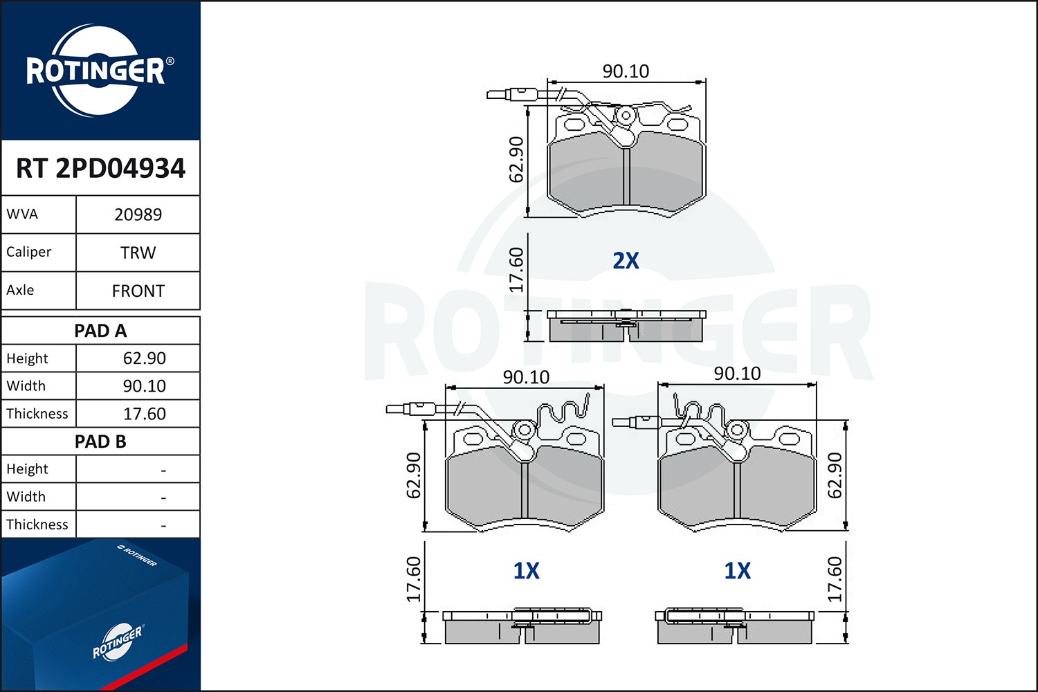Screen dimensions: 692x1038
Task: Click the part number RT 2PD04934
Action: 100,169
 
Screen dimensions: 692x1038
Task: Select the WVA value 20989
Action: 138,215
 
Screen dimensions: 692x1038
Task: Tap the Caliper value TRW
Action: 138,253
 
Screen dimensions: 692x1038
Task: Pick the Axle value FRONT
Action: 138,291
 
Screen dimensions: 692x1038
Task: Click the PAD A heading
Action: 100,331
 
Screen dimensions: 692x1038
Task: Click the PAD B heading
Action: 100,441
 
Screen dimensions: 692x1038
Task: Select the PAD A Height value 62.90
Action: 144,358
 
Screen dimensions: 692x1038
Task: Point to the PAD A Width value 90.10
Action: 144,386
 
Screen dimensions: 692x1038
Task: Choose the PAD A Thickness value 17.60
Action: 144,414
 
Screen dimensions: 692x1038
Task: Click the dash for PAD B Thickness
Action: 163,526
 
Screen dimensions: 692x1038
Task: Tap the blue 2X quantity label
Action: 626,261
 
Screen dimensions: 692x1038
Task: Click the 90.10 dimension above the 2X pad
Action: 626,71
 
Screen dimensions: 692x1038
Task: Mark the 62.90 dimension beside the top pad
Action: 516,159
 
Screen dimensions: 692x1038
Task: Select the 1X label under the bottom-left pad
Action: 526,571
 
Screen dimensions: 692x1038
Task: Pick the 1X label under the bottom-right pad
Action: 737,571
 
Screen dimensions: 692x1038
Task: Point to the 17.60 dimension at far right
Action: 835,579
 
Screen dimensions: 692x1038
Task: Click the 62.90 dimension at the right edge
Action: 835,475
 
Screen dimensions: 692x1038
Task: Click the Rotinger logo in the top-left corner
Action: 96,71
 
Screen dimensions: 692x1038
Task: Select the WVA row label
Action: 22,215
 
